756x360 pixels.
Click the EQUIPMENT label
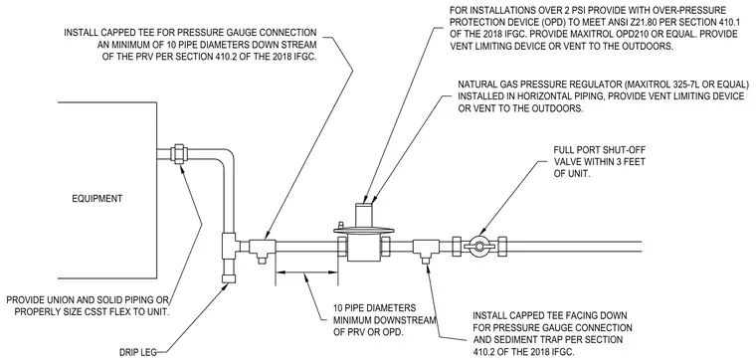tap(96, 199)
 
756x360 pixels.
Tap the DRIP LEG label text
tap(138, 352)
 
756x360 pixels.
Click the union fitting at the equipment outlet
tap(179, 154)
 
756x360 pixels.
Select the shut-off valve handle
tap(479, 246)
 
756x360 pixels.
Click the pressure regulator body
tap(364, 246)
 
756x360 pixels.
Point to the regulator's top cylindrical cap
tap(365, 216)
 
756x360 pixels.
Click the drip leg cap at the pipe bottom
tap(228, 278)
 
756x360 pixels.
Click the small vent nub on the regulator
tap(341, 225)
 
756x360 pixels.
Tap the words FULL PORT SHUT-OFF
tap(599, 150)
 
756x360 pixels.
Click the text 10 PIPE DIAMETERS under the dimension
tap(375, 307)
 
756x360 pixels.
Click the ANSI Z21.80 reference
tap(598, 22)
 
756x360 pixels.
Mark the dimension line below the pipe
tap(306, 272)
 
